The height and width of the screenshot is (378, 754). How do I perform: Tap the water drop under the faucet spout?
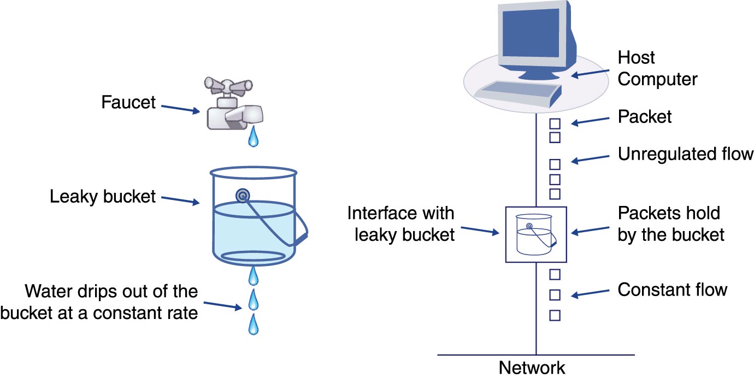click(253, 137)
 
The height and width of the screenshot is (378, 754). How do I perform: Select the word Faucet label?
click(128, 102)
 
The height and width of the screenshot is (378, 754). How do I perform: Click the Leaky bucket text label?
click(103, 196)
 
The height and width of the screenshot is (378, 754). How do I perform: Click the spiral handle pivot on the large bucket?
click(242, 196)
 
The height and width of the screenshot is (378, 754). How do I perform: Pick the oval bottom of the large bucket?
click(252, 257)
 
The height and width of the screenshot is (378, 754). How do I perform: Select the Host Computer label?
click(657, 68)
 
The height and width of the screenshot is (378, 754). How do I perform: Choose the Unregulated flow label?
click(686, 154)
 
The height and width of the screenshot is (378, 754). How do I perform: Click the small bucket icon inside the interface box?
click(536, 235)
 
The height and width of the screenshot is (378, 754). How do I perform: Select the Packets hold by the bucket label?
click(670, 223)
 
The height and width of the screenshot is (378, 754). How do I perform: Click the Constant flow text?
click(672, 289)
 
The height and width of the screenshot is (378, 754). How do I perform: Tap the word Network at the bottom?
click(532, 368)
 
